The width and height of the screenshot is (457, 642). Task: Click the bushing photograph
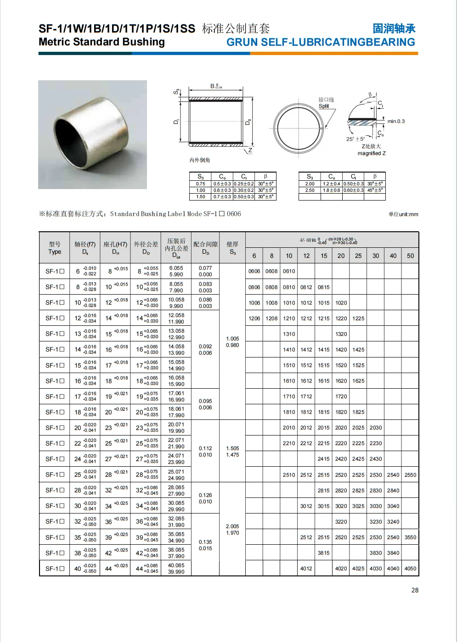click(92, 134)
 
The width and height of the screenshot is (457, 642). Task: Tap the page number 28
click(415, 590)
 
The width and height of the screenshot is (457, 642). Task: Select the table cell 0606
click(254, 271)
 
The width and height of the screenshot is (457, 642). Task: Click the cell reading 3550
click(410, 537)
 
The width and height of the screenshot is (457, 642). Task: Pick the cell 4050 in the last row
click(410, 569)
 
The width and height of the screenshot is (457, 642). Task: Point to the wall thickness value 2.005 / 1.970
click(232, 530)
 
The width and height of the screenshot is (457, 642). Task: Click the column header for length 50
click(410, 256)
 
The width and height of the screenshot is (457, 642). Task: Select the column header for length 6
click(254, 256)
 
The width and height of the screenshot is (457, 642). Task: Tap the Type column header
click(55, 248)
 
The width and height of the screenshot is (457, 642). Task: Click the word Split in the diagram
click(324, 106)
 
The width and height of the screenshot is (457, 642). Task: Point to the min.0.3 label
click(396, 121)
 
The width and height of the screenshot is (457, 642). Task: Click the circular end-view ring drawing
click(299, 128)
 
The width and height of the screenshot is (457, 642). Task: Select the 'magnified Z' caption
click(372, 153)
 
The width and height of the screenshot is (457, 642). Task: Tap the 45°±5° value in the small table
click(375, 190)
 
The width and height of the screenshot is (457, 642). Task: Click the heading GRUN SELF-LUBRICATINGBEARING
click(321, 42)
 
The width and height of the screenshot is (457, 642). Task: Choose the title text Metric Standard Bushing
click(102, 42)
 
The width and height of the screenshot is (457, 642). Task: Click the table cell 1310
click(289, 334)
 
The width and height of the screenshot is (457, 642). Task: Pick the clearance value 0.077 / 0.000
click(205, 271)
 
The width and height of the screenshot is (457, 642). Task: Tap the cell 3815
click(323, 553)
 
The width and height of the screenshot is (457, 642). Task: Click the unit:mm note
click(403, 214)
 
